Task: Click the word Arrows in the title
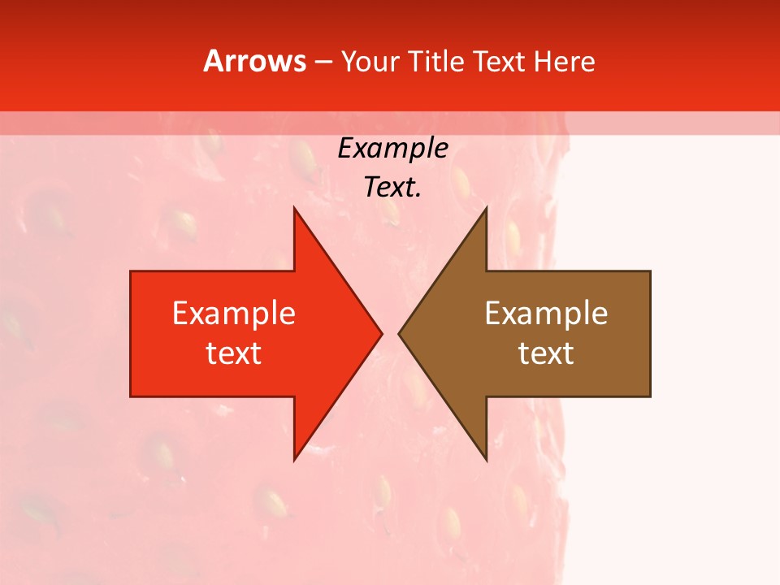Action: (254, 61)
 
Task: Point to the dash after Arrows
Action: (323, 62)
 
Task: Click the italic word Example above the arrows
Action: (392, 149)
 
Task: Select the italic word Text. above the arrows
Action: (392, 188)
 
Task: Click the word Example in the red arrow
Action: (234, 313)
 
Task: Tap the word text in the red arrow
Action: (234, 353)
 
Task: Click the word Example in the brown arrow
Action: (546, 313)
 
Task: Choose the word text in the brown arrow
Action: (546, 353)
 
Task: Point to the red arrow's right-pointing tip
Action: (382, 333)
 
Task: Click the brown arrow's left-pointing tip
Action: (399, 333)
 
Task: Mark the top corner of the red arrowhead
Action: (294, 207)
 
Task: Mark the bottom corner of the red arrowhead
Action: (294, 460)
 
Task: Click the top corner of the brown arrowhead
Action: (486, 207)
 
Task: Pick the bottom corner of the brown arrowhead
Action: (486, 460)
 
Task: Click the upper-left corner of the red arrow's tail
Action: (131, 271)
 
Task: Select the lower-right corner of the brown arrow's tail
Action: (650, 396)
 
